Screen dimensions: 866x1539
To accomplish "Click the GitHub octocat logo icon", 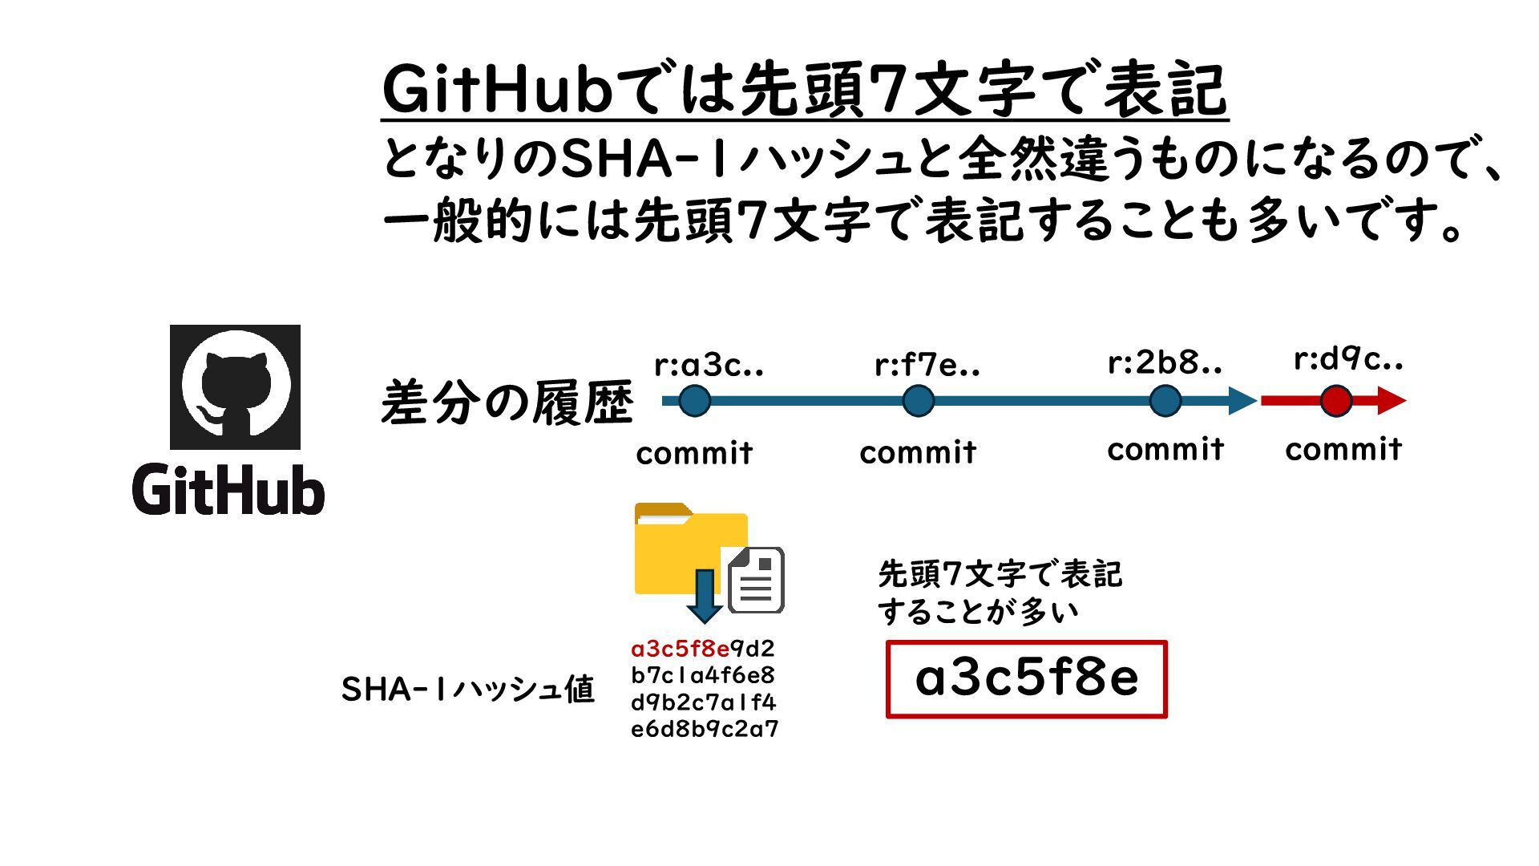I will coord(235,387).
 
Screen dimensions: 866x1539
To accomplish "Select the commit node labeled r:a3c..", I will coord(694,401).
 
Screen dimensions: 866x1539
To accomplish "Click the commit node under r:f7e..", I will coord(918,401).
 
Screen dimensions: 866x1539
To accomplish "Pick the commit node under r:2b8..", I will coord(1165,401).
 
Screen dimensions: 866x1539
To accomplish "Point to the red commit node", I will coord(1335,401).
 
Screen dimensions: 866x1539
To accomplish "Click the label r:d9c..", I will coord(1348,360).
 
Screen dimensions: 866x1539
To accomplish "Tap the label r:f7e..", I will coord(927,366).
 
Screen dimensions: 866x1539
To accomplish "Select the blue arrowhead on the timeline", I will coord(1242,401).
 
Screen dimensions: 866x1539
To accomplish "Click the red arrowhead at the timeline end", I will coord(1392,401).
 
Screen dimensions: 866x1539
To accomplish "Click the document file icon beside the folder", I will coord(756,581).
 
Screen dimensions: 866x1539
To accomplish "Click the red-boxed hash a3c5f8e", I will coord(1026,678).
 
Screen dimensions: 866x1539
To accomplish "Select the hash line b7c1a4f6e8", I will coord(702,675).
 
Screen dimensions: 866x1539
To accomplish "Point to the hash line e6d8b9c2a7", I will coord(704,729).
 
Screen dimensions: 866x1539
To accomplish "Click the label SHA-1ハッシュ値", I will coord(467,689).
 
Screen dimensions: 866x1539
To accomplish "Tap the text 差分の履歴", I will coord(507,403).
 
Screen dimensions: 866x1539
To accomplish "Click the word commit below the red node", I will coord(1343,449).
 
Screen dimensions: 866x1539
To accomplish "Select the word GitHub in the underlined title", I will coord(496,90).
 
